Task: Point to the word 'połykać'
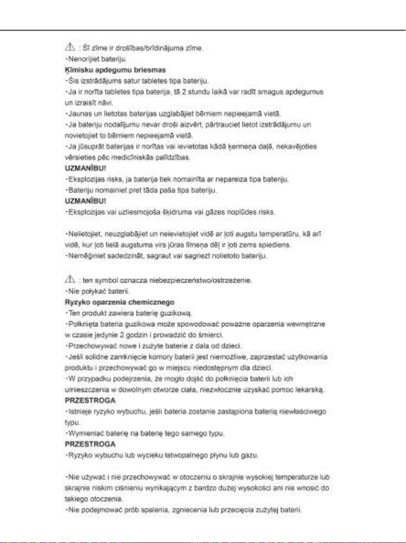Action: click(x=91, y=291)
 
